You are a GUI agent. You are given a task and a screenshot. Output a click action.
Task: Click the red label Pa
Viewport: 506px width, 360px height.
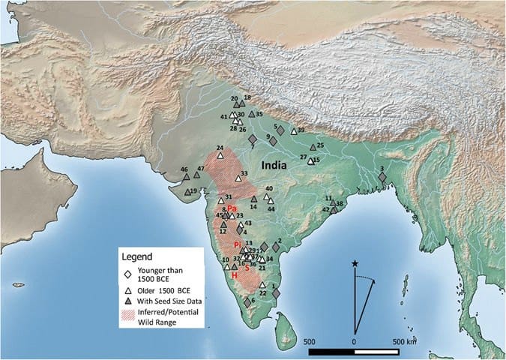click(x=232, y=208)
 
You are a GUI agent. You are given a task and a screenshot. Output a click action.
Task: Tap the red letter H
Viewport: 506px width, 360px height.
click(x=234, y=276)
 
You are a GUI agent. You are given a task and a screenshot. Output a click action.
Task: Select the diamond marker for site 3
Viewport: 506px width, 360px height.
click(x=382, y=178)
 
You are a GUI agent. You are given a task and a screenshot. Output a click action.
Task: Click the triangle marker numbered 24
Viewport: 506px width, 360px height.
click(x=221, y=156)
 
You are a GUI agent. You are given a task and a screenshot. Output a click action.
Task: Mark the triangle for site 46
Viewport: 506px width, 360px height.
click(x=187, y=177)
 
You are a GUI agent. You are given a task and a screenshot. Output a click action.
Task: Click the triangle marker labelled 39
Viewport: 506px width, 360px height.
click(x=294, y=131)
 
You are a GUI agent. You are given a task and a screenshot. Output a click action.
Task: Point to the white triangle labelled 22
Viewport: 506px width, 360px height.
click(x=262, y=286)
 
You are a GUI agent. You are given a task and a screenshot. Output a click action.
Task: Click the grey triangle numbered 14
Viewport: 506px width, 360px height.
click(x=253, y=199)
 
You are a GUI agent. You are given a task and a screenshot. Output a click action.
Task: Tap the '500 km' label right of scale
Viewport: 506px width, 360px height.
click(x=408, y=341)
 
